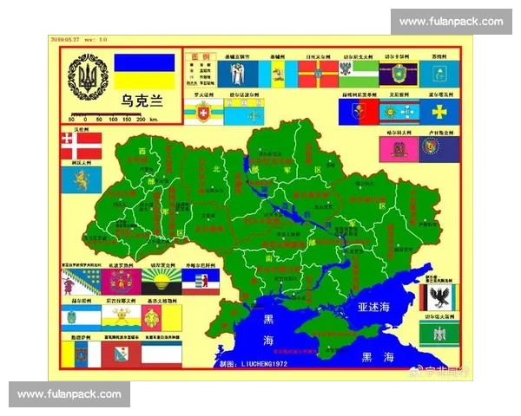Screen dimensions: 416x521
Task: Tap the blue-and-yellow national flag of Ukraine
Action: pos(144,72)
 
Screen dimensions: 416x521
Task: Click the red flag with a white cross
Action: pos(82,146)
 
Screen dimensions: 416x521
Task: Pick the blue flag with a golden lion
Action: pos(82,179)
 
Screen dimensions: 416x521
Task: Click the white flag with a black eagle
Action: pos(437,297)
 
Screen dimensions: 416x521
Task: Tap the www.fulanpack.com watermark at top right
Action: pos(451,21)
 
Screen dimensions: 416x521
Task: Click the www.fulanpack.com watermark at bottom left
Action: pos(69,394)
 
